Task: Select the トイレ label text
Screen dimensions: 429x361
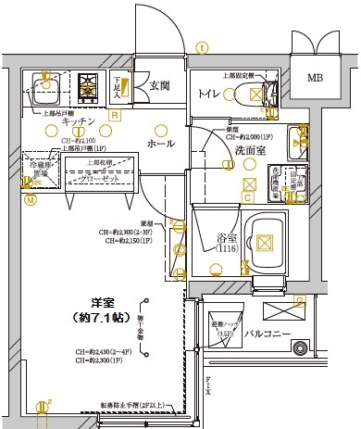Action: point(207,93)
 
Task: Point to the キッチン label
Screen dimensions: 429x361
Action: point(81,122)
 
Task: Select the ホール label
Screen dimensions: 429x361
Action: point(160,144)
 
